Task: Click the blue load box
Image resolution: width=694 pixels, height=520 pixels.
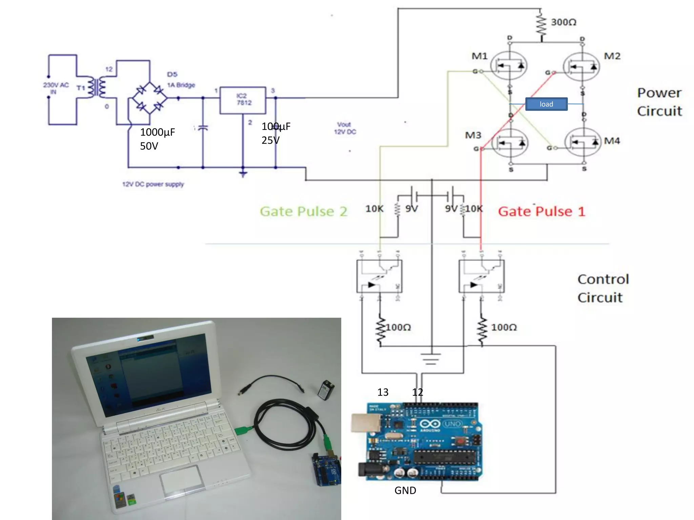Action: (x=546, y=104)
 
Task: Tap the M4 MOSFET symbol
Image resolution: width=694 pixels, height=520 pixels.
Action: (x=583, y=142)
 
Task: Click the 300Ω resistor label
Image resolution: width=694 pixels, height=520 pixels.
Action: (x=563, y=22)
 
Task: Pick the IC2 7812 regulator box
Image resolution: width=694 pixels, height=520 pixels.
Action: (x=243, y=100)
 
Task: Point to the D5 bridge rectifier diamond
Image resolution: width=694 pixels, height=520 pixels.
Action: (x=149, y=99)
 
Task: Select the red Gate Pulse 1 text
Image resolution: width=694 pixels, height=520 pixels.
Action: (x=542, y=212)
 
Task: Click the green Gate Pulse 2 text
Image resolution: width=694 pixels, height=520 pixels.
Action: (x=303, y=212)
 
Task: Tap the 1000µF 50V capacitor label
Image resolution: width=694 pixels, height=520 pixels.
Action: (x=157, y=139)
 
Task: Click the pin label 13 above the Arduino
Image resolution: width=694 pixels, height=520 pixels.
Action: (x=383, y=392)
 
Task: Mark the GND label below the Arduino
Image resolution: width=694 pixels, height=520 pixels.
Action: (x=405, y=490)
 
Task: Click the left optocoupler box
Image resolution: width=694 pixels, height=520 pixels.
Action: (x=379, y=276)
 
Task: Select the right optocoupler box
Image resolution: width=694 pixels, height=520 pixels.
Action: (x=482, y=276)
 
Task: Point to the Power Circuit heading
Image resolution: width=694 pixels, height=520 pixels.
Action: (x=659, y=102)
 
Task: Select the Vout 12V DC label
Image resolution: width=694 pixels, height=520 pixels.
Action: (x=345, y=128)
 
